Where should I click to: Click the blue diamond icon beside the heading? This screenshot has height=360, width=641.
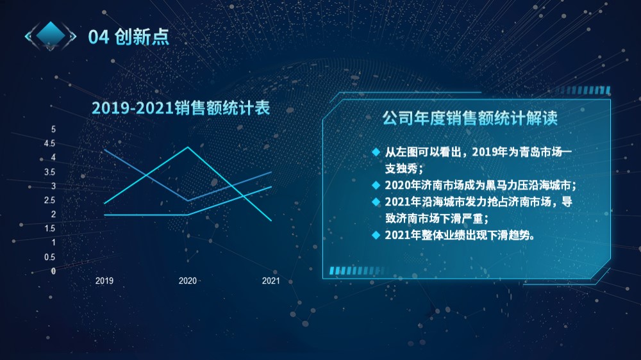click(51, 35)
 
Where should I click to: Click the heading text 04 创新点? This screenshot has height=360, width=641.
click(128, 37)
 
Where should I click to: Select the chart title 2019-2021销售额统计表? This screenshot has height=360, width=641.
click(181, 108)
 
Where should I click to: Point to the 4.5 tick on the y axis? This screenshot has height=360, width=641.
click(49, 143)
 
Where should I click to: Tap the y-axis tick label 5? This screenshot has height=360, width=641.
click(53, 129)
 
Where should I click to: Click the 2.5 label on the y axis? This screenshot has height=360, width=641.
click(49, 200)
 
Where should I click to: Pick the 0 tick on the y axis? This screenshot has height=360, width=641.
click(53, 271)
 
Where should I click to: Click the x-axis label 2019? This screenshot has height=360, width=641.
click(104, 281)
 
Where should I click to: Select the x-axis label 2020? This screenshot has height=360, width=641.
click(188, 281)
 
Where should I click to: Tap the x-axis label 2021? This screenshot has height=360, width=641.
click(271, 281)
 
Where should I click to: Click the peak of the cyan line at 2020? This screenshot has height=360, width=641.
click(188, 147)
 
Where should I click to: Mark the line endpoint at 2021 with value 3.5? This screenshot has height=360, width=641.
click(271, 172)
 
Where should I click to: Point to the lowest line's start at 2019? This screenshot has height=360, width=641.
click(104, 215)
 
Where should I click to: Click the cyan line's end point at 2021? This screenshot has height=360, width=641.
click(271, 220)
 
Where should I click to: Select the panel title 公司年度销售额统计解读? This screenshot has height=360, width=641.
click(470, 119)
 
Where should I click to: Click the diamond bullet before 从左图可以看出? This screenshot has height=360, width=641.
click(376, 152)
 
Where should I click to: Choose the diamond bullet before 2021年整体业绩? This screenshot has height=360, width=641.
click(376, 235)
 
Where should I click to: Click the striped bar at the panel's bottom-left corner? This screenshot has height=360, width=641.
click(357, 270)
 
